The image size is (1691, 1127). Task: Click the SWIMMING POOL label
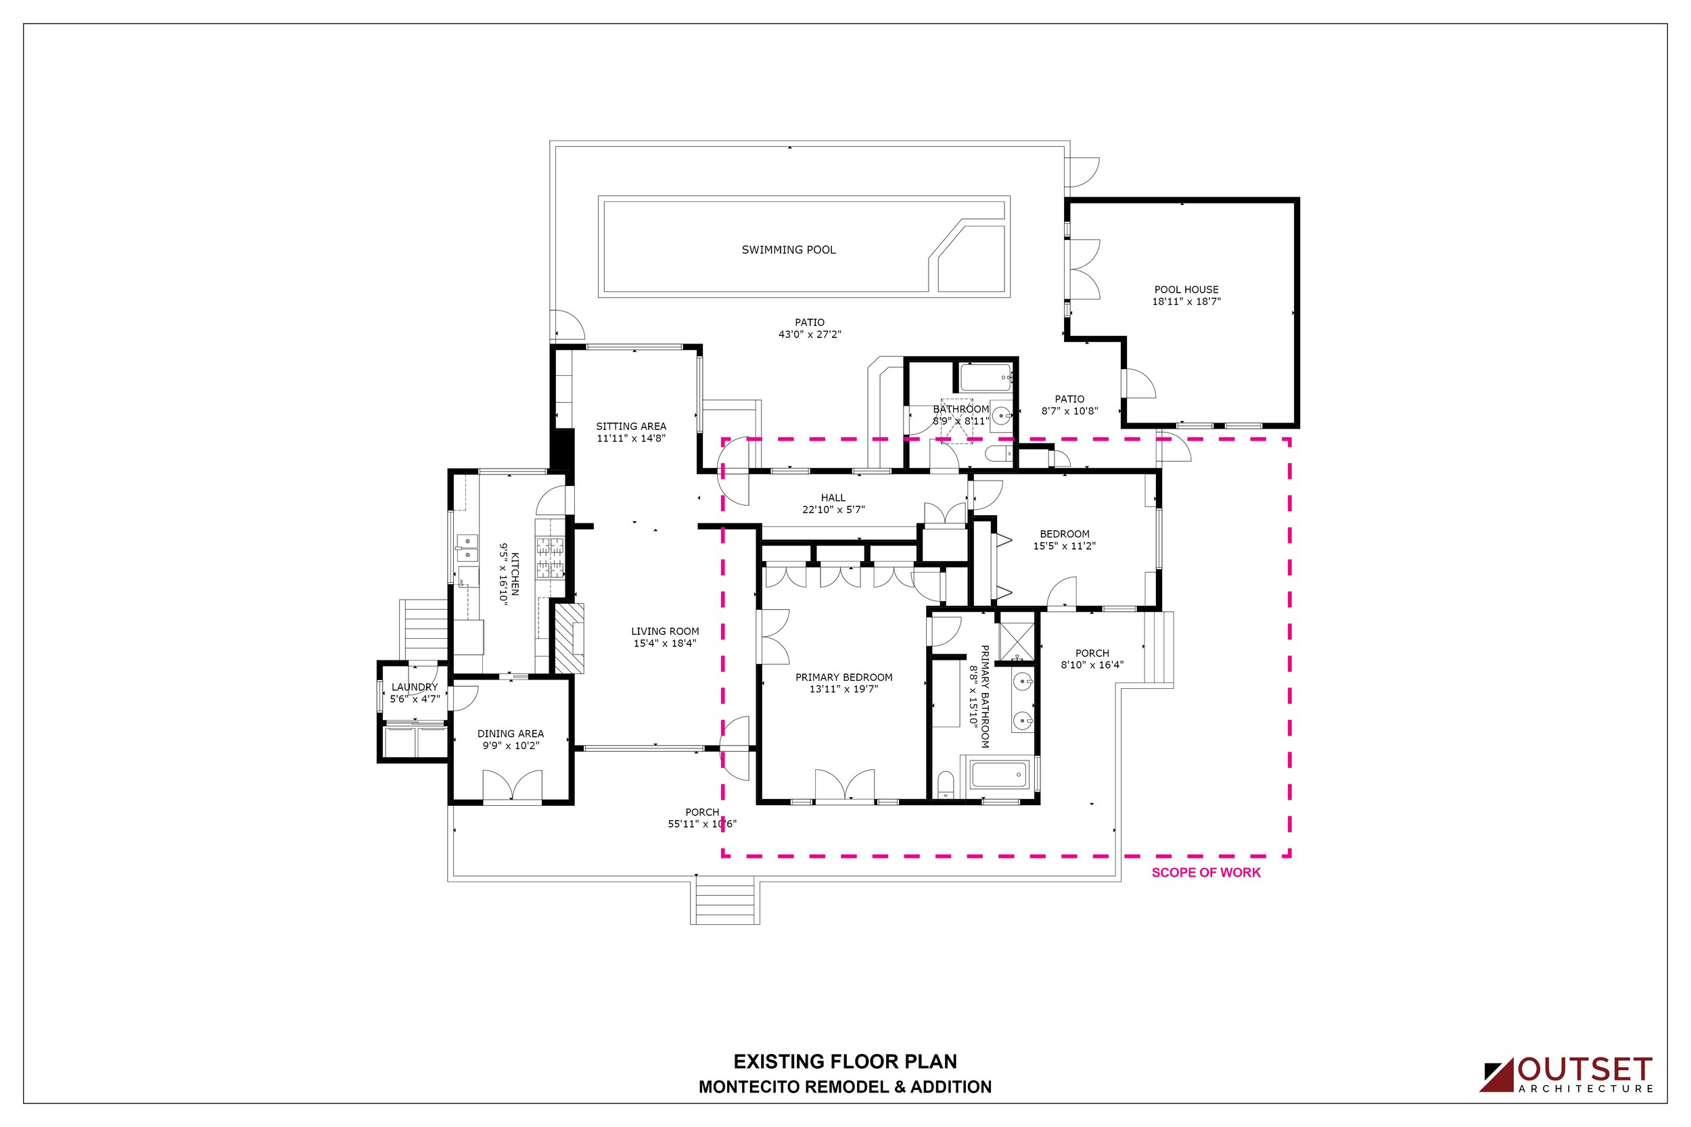point(789,250)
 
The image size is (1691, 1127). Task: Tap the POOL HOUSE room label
point(1186,289)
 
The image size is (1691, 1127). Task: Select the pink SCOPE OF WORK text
point(1206,873)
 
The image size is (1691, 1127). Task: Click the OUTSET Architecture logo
point(1566,1074)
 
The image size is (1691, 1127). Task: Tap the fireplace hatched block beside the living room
point(568,638)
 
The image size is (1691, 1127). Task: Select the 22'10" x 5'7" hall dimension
point(833,510)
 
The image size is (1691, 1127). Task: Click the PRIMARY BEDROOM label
point(844,677)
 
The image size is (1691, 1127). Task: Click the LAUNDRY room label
point(414,687)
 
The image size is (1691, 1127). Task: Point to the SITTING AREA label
point(630,426)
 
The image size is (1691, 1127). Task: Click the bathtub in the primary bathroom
point(998,775)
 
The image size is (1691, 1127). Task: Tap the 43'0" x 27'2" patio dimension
point(810,334)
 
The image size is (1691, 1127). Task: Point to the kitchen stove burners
point(551,558)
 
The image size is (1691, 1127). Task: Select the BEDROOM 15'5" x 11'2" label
point(1064,539)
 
